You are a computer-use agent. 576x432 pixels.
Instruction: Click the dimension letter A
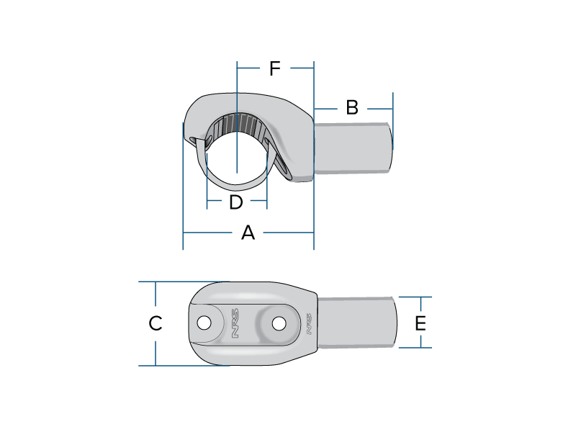tap(248, 233)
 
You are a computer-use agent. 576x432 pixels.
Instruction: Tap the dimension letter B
tap(352, 107)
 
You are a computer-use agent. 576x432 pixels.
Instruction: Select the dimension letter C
tap(156, 323)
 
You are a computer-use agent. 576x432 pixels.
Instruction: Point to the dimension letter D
tap(236, 202)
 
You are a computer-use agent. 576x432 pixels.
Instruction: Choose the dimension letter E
tap(420, 323)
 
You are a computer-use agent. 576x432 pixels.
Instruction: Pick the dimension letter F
tap(275, 68)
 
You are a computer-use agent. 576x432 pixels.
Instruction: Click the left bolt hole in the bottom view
tap(204, 323)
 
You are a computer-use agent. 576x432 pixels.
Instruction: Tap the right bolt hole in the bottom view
tap(279, 323)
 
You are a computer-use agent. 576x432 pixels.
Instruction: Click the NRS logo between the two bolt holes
tap(235, 323)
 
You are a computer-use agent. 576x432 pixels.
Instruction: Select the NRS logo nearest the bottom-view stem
tap(309, 323)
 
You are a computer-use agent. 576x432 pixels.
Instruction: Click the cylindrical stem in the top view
tap(353, 148)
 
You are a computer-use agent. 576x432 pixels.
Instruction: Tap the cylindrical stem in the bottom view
tap(357, 323)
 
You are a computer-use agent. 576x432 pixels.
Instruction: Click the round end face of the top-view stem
tap(390, 148)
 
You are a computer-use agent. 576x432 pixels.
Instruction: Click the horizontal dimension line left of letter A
tap(207, 233)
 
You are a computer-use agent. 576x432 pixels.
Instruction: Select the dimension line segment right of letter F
tap(302, 68)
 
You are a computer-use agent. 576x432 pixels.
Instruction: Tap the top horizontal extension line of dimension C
tap(184, 282)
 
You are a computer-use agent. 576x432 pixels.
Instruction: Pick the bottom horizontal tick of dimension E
tap(415, 348)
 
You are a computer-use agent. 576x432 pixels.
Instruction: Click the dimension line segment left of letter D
tap(214, 201)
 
